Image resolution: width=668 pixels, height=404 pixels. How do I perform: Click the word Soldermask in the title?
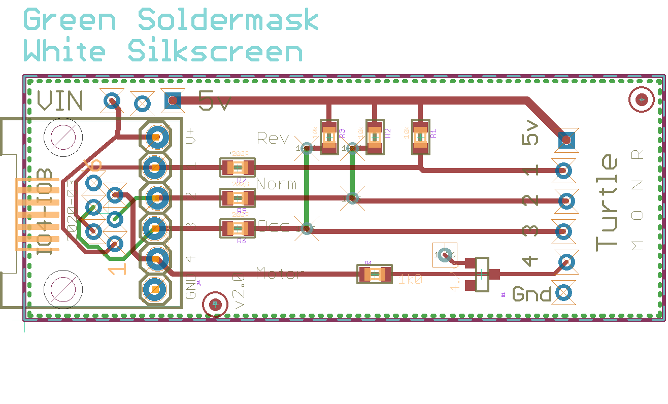point(228,20)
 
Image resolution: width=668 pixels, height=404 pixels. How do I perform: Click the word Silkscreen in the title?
point(215,52)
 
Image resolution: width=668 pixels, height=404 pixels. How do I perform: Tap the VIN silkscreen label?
point(60,100)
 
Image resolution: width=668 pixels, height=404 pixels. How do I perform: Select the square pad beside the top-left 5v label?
point(172,101)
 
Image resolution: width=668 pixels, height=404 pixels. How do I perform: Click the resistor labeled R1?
point(420,137)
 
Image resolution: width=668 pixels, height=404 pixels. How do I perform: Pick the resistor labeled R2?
point(375,137)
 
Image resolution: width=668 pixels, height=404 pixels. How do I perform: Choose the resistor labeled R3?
point(329,137)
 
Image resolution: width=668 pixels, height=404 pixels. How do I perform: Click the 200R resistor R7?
point(237,167)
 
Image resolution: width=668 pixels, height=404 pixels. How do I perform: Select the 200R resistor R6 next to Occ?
point(237,228)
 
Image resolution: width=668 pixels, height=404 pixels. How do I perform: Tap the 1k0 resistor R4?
point(375,275)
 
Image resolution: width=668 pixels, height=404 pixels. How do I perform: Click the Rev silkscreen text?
point(273,138)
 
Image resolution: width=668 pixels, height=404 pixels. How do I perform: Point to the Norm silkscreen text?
point(276,183)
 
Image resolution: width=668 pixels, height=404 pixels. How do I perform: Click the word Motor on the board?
point(280,274)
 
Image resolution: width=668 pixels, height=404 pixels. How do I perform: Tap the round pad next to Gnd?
point(563,293)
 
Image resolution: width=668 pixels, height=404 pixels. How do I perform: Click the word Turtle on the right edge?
point(607,203)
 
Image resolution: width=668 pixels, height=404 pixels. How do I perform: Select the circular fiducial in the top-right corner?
point(642,100)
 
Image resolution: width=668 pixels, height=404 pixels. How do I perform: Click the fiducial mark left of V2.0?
point(215,305)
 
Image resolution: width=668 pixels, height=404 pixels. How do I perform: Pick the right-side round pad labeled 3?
point(563,231)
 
